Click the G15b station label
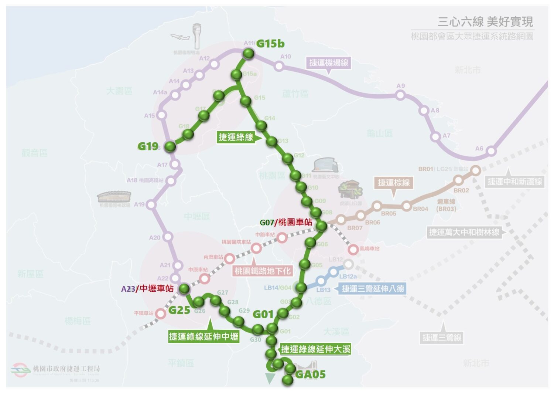[270, 44]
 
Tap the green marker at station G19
[170, 146]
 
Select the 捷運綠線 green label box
[236, 137]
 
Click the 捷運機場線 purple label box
[328, 62]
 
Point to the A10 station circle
[279, 66]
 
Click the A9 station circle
[400, 95]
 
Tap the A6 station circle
[491, 151]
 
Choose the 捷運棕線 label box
[394, 183]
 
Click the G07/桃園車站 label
[286, 222]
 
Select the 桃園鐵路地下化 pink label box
[263, 271]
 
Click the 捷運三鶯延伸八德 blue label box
[373, 288]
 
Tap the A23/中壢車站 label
[147, 289]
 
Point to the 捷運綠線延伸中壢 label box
[204, 336]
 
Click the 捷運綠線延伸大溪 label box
[315, 349]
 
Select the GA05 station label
[310, 375]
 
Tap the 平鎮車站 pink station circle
[160, 314]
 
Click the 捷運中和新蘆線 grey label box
[514, 182]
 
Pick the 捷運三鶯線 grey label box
[442, 337]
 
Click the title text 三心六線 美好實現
[485, 22]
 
